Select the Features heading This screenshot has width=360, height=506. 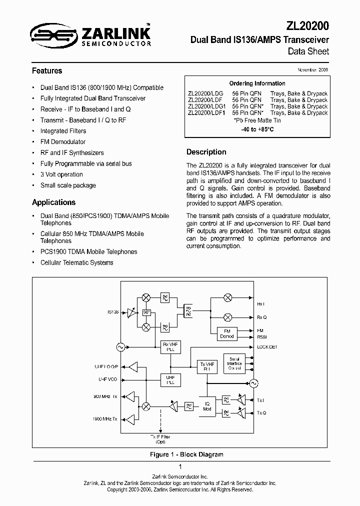click(47, 71)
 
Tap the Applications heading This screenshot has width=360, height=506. click(53, 202)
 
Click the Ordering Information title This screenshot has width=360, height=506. click(257, 83)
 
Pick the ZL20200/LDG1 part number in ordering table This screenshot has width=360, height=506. click(207, 106)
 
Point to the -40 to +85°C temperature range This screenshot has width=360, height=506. click(257, 129)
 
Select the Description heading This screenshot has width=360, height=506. click(206, 152)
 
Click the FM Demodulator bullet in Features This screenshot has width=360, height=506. click(63, 142)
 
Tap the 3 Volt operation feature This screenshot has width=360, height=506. click(61, 174)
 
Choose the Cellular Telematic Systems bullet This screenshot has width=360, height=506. click(76, 262)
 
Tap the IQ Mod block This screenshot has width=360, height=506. click(207, 406)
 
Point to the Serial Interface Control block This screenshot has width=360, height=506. click(234, 363)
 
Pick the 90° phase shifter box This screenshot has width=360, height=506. click(146, 312)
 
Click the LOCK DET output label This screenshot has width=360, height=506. click(266, 347)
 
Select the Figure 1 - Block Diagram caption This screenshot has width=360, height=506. click(186, 454)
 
